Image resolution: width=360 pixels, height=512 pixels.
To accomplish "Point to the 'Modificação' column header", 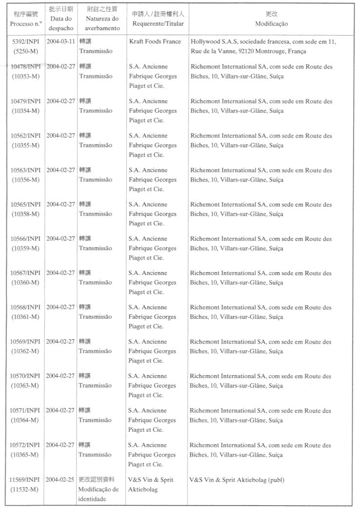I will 271,23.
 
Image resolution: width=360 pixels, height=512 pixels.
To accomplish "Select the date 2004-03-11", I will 61,42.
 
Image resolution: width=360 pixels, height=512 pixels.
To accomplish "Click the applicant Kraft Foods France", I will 155,42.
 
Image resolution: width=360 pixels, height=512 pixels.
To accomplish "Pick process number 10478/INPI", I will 27,67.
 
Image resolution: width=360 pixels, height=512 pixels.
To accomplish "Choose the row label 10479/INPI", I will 27,101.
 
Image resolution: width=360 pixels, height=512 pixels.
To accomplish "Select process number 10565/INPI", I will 27,204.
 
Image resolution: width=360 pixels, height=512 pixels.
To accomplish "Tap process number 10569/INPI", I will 27,342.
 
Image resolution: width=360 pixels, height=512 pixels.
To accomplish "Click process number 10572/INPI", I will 27,445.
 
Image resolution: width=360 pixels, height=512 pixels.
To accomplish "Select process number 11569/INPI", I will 27,479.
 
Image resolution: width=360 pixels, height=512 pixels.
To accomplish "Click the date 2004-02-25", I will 61,479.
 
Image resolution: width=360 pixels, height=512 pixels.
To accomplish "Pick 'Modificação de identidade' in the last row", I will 99,494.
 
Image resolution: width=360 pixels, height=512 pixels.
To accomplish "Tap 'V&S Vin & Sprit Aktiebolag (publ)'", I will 237,479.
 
